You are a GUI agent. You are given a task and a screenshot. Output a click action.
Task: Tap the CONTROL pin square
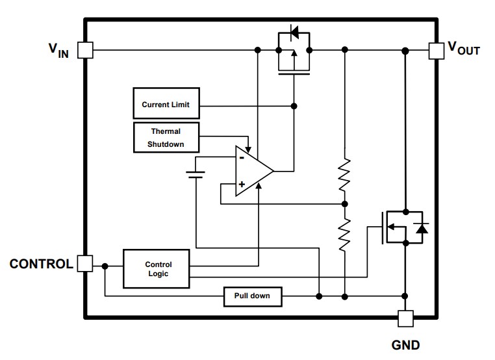tap(85, 264)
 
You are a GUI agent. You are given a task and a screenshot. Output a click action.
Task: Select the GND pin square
tap(405, 318)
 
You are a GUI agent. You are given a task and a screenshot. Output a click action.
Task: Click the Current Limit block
tap(165, 105)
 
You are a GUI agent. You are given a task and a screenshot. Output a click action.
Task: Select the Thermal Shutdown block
tap(165, 137)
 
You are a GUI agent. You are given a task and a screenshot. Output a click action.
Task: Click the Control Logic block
tap(158, 268)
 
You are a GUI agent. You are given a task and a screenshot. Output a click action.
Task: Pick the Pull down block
tap(253, 296)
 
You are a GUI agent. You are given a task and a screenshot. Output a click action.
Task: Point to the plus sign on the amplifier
tap(241, 185)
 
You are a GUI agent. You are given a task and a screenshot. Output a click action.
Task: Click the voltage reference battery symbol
tap(195, 174)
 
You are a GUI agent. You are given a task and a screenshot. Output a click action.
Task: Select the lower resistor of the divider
tap(345, 233)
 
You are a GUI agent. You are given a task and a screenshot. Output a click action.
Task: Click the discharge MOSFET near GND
tap(400, 227)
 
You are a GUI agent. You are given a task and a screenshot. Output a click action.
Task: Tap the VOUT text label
tap(463, 49)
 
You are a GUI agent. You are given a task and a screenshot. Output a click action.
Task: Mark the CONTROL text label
tap(40, 264)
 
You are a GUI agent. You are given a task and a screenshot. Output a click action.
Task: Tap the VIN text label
tap(58, 51)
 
